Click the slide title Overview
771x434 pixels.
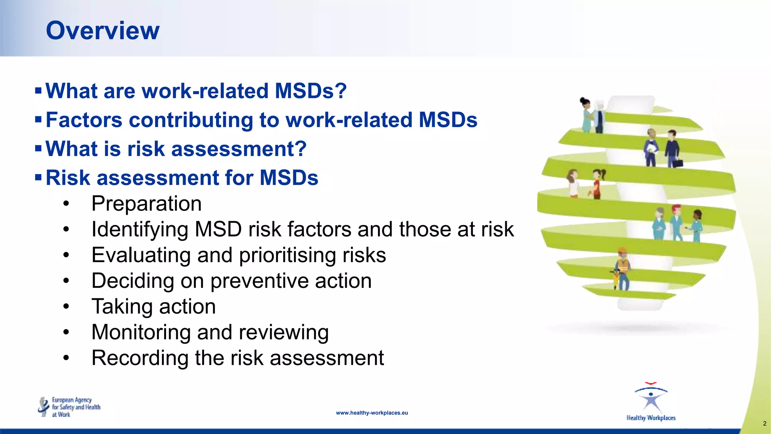click(x=103, y=31)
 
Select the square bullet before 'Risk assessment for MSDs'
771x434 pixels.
click(x=38, y=177)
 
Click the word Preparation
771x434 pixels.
click(x=146, y=204)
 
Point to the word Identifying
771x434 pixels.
click(x=140, y=229)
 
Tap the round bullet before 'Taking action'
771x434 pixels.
click(x=66, y=306)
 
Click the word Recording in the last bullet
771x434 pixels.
click(x=140, y=358)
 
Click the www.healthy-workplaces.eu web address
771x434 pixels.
click(x=372, y=413)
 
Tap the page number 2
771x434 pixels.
click(x=764, y=423)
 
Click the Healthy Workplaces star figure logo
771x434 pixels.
click(x=651, y=399)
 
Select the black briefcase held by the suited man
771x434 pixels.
click(x=678, y=164)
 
